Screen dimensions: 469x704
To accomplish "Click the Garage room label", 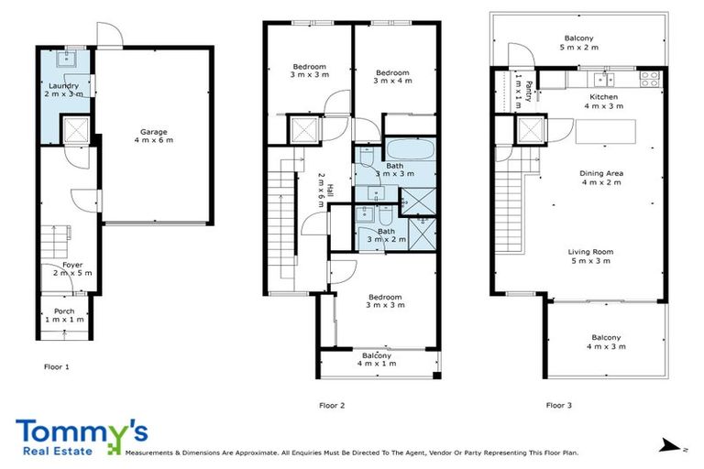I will [153, 136].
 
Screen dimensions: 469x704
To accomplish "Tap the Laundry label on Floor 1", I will [65, 90].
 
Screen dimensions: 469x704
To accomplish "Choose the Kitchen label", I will [604, 101].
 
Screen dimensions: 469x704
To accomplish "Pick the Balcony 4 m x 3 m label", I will [605, 342].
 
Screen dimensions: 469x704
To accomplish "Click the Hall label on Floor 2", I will [320, 190].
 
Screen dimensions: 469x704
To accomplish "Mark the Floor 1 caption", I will [57, 367].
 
